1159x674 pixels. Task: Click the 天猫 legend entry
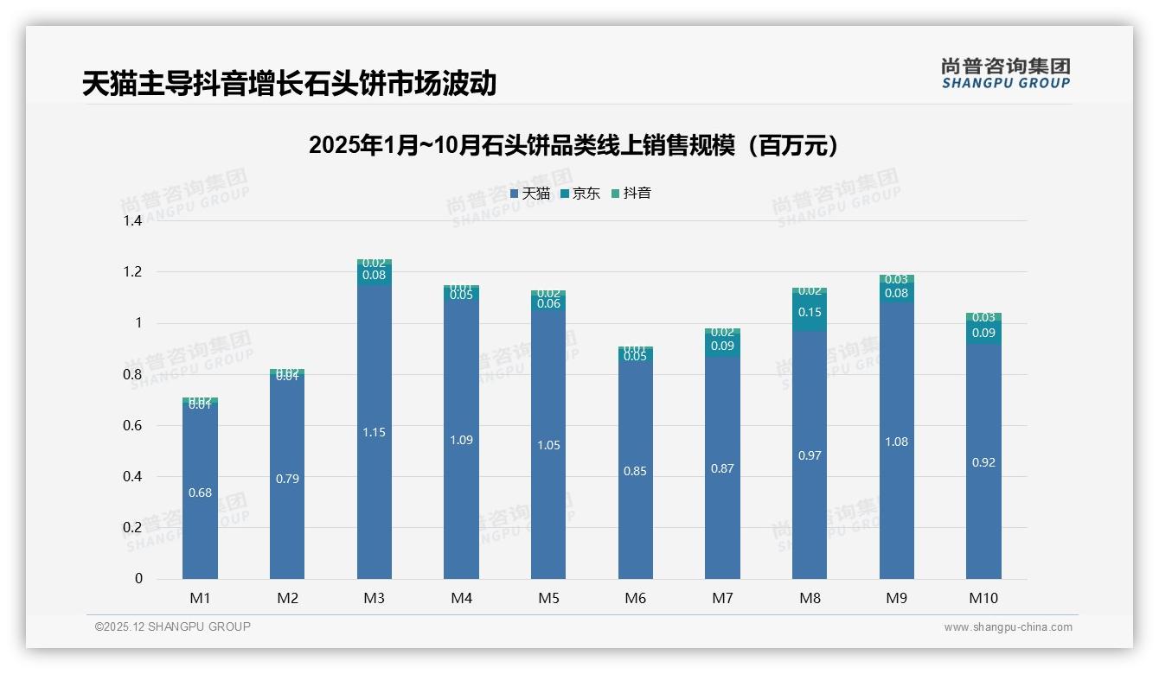(x=529, y=194)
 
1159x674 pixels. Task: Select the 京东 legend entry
(x=579, y=194)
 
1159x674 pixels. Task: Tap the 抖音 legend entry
(x=631, y=194)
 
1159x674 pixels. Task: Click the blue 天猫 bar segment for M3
(x=375, y=432)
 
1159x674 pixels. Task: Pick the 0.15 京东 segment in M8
(x=810, y=312)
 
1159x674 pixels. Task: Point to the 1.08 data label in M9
(x=897, y=442)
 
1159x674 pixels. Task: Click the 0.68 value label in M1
(x=200, y=493)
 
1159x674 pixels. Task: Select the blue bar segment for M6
(x=636, y=471)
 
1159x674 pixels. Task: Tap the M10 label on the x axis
(x=983, y=598)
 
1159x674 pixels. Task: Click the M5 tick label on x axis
(x=548, y=598)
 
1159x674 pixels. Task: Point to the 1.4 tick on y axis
(x=131, y=221)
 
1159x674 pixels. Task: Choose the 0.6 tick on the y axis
(x=131, y=426)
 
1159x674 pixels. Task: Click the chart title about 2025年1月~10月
(x=573, y=145)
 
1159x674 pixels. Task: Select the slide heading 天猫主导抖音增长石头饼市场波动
(x=290, y=84)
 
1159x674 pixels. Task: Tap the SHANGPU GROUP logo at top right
(x=1005, y=73)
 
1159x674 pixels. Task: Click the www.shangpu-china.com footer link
(x=1008, y=627)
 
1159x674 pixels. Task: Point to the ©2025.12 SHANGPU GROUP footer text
(x=173, y=626)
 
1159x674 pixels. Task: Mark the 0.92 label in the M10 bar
(x=983, y=462)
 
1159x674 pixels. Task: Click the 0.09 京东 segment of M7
(x=722, y=346)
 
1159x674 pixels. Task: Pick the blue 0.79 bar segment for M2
(x=287, y=479)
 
